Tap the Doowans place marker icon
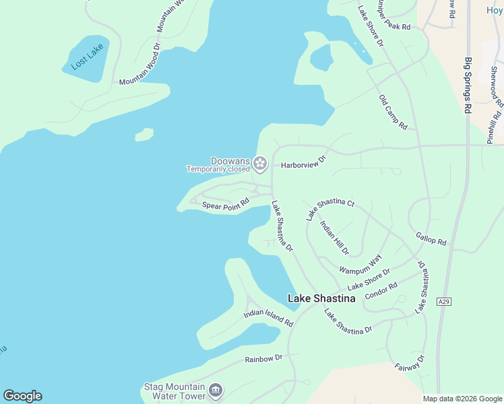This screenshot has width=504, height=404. (x=260, y=163)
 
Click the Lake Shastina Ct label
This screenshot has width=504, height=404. (x=329, y=209)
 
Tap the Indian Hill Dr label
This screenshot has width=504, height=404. (x=335, y=238)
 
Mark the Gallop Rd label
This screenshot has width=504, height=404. (x=431, y=238)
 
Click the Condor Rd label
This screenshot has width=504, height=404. (x=381, y=290)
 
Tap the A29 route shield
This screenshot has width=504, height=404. (x=443, y=301)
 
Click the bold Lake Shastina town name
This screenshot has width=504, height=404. (x=321, y=298)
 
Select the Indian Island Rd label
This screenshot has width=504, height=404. (x=268, y=317)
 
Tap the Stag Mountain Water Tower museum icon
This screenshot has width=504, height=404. (x=216, y=390)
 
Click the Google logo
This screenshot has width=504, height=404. (x=22, y=396)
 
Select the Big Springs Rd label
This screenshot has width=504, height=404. (x=468, y=85)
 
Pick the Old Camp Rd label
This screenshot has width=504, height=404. (x=393, y=112)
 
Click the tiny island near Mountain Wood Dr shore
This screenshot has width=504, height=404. (x=144, y=135)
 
